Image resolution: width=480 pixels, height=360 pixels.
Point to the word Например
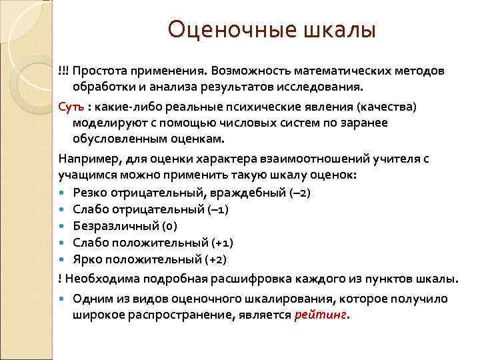(85, 158)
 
